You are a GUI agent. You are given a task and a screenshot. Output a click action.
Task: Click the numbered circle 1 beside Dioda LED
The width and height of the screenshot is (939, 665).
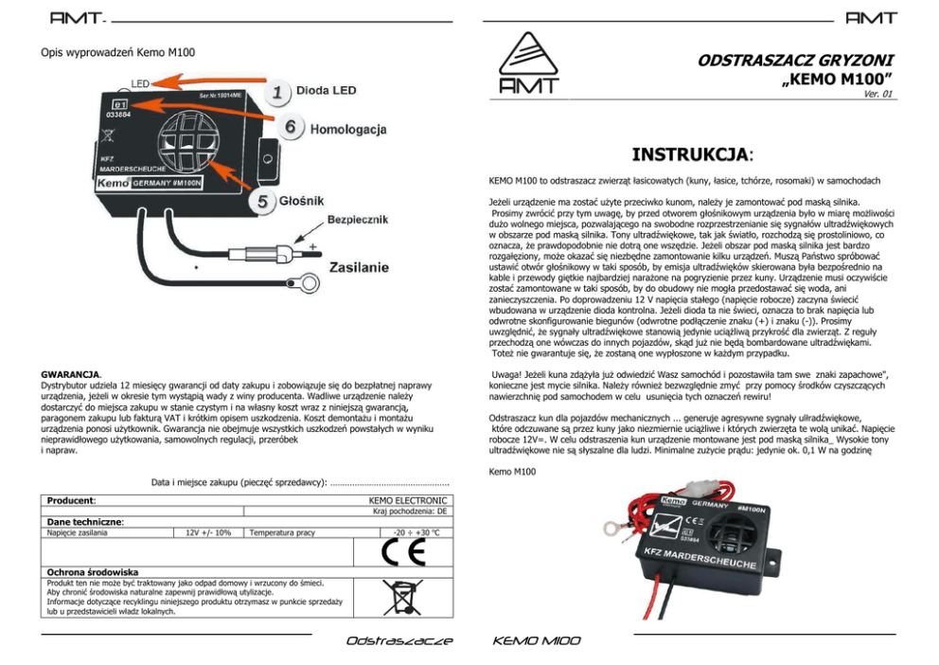click(x=277, y=91)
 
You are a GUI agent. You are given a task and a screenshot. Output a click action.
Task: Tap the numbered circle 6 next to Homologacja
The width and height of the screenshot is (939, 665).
click(x=291, y=127)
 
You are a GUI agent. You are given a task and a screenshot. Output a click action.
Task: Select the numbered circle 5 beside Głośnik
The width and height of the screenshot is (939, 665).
click(x=262, y=201)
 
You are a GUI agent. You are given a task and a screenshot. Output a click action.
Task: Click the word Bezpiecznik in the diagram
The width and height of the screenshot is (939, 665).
click(x=358, y=220)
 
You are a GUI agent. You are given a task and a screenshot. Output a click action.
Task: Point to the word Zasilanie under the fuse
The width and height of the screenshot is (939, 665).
click(x=359, y=267)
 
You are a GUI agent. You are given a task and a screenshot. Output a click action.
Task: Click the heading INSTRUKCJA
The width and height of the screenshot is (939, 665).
click(x=692, y=154)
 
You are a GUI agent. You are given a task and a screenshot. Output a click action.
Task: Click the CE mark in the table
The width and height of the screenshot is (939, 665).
click(x=403, y=551)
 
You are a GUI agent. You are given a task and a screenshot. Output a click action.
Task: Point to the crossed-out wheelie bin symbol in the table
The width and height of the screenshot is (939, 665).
click(x=402, y=597)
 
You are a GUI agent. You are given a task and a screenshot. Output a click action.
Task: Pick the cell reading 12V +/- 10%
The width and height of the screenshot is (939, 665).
click(x=208, y=532)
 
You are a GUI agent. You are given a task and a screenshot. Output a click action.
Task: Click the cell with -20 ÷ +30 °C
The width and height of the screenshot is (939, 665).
click(x=416, y=532)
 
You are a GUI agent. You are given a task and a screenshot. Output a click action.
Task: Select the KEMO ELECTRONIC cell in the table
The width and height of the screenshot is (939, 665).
click(x=408, y=500)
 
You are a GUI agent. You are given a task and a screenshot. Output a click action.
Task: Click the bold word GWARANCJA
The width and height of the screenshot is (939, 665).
click(x=71, y=374)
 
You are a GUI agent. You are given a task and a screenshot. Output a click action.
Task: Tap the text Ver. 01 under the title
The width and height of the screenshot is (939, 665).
click(x=877, y=94)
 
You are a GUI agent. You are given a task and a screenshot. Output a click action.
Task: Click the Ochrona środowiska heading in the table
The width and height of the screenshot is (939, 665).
click(x=93, y=572)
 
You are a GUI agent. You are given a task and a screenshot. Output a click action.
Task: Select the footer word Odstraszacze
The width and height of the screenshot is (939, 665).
click(x=399, y=641)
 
